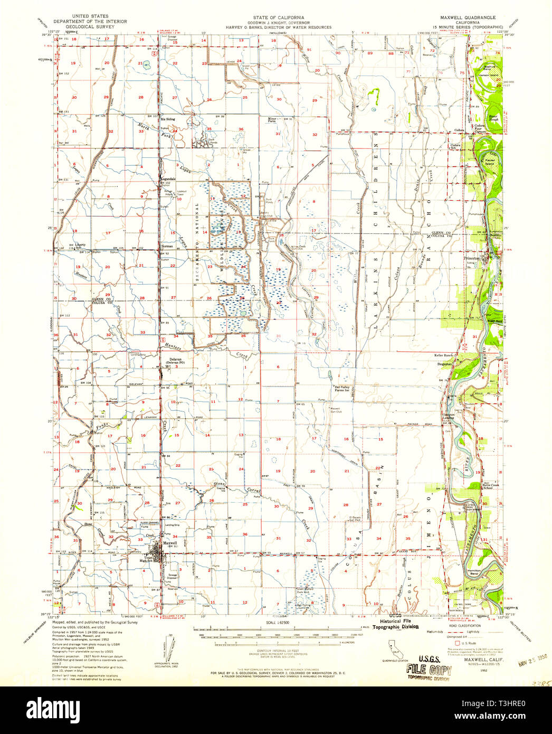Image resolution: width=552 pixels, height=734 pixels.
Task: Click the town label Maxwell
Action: pyautogui.click(x=170, y=542)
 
